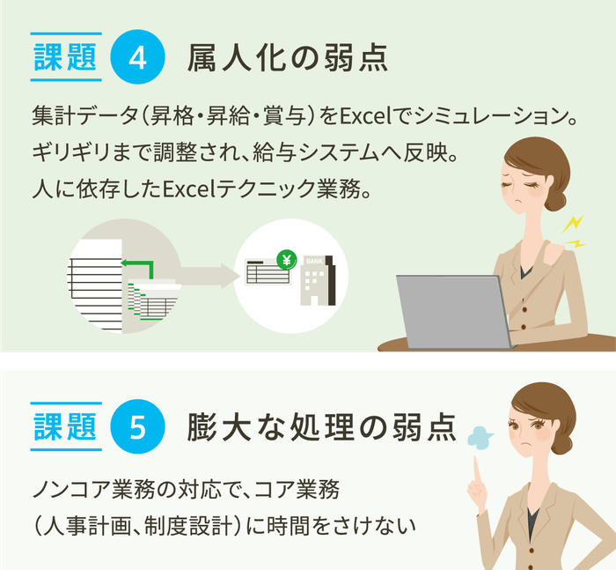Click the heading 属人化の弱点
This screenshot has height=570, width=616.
pos(288,59)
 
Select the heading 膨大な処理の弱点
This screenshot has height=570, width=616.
pos(322,427)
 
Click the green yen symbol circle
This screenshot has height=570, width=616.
pos(286,259)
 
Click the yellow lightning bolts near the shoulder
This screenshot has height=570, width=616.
pos(573,231)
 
